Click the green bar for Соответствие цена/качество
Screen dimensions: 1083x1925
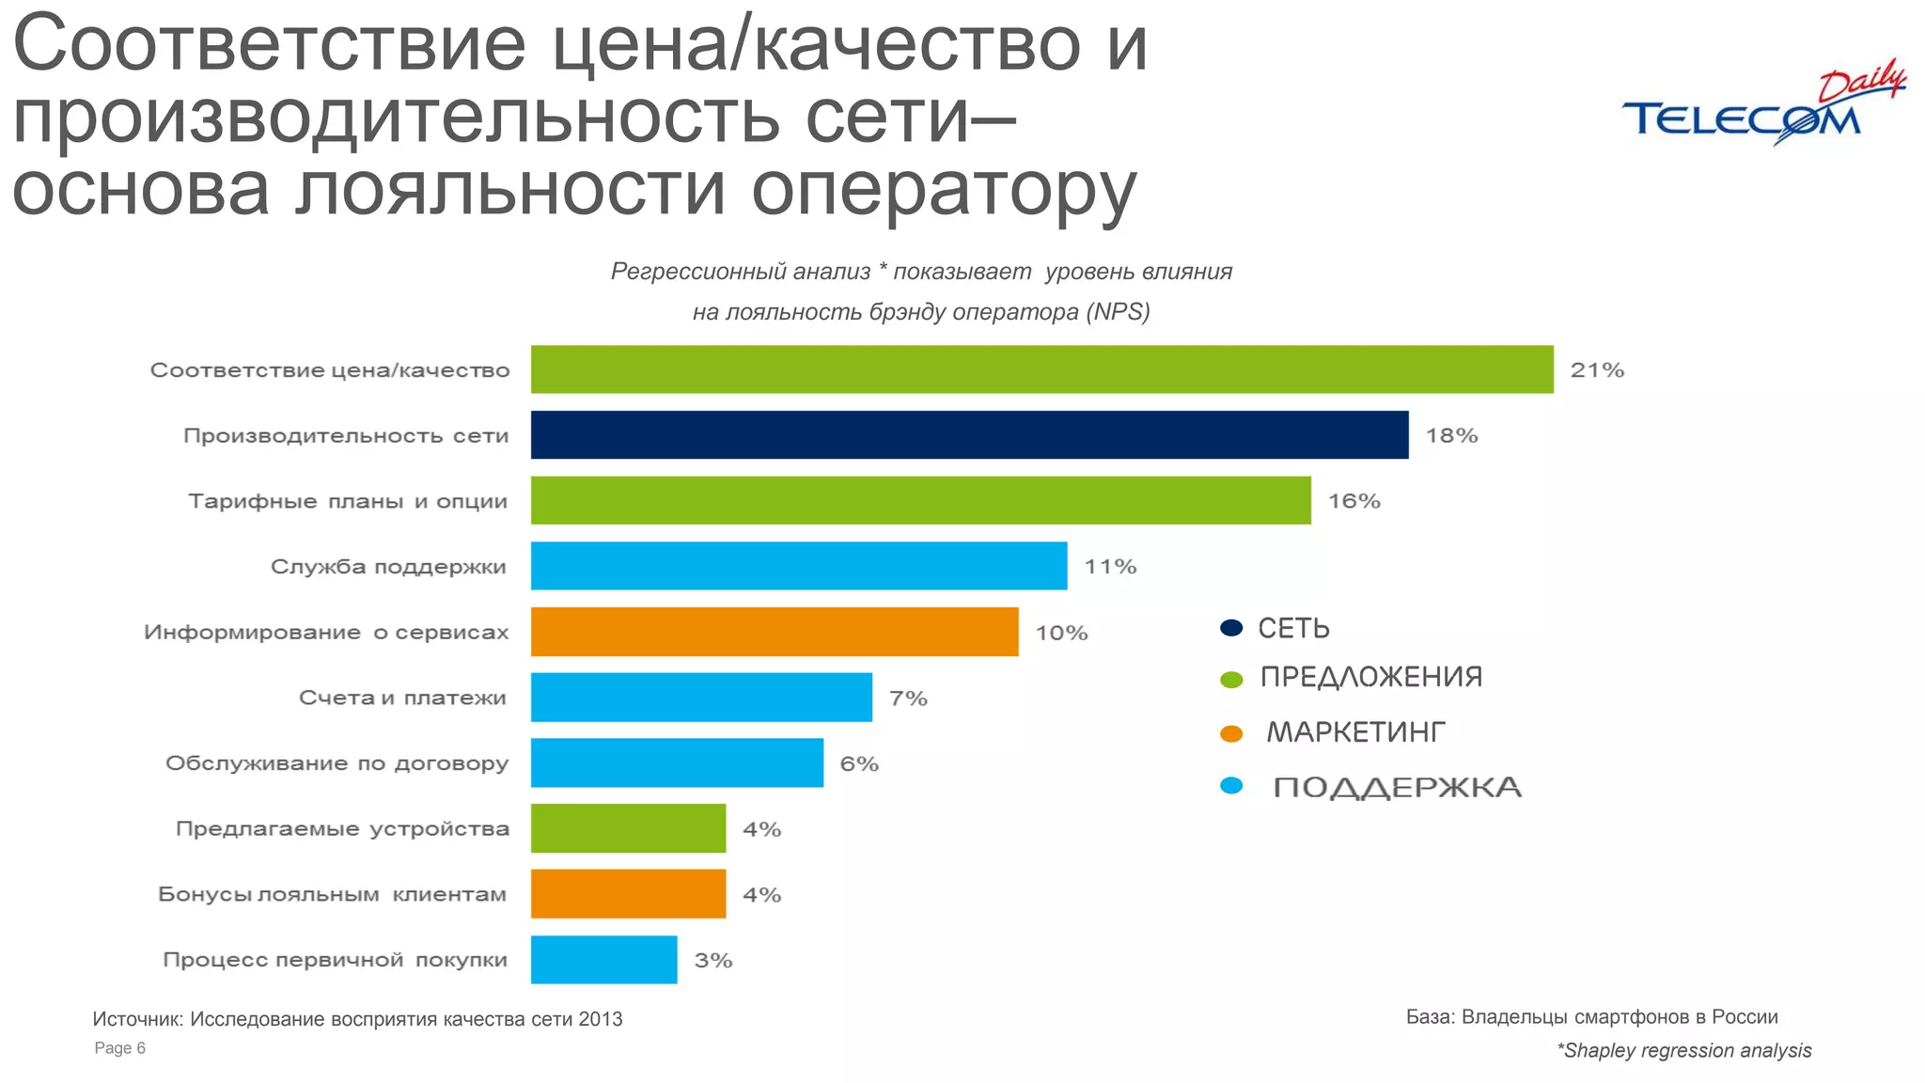tap(1041, 369)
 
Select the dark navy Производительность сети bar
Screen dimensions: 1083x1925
tap(969, 434)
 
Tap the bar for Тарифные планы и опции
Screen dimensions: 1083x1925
tap(920, 500)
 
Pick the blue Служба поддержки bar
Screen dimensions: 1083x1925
tap(799, 566)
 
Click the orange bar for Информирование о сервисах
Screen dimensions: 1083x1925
tap(775, 632)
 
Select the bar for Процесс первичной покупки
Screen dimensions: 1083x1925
tap(603, 960)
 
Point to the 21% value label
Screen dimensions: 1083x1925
tap(1597, 370)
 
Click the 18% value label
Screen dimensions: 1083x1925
tap(1452, 435)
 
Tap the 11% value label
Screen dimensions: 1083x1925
tap(1110, 567)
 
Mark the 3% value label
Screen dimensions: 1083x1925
tap(712, 961)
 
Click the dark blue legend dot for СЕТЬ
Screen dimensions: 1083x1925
tap(1231, 628)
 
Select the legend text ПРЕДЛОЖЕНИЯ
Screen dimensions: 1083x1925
tap(1370, 677)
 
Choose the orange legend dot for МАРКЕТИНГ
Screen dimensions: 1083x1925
tap(1231, 733)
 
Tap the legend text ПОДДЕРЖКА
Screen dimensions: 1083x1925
tap(1397, 788)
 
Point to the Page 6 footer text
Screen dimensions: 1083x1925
tap(120, 1048)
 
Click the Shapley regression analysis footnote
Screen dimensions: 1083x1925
tap(1684, 1051)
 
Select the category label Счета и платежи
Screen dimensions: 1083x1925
tap(402, 698)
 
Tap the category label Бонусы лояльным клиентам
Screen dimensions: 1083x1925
tap(332, 894)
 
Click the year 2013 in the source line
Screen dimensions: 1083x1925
tap(601, 1019)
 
